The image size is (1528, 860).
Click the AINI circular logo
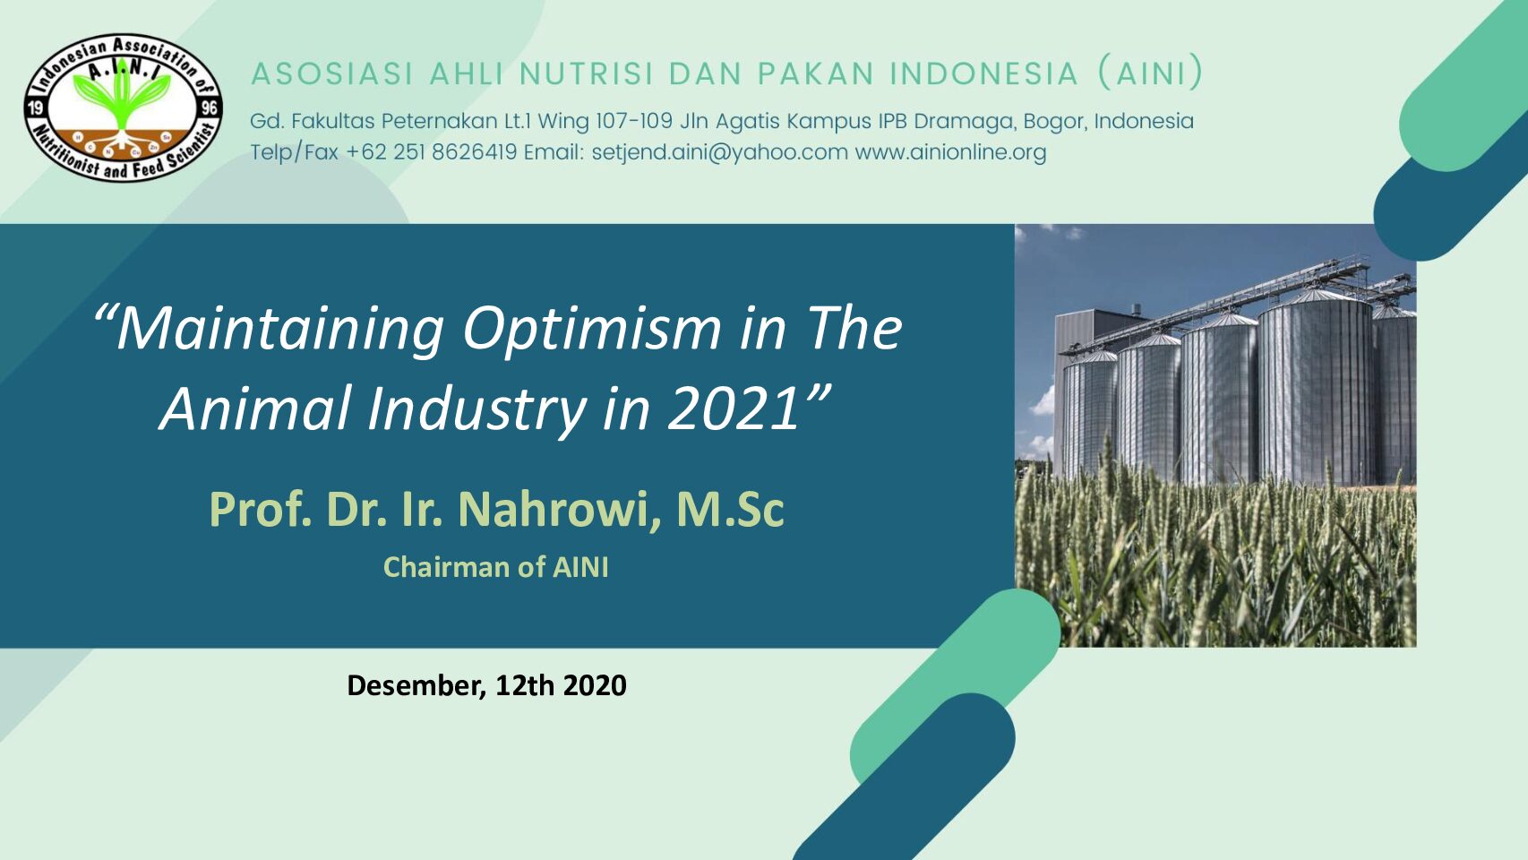coord(123,107)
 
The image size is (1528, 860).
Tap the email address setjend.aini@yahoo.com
coord(719,152)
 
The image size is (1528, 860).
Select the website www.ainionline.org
coord(950,152)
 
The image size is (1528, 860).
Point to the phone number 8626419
coord(474,151)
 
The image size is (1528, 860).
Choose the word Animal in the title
coord(256,408)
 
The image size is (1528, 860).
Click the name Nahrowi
coord(552,509)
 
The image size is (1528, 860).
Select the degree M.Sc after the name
coord(730,509)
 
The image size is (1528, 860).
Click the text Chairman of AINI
coord(496,567)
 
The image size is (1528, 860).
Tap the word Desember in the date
coord(416,685)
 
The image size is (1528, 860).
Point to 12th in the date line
coord(525,685)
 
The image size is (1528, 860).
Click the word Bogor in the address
coord(1055,122)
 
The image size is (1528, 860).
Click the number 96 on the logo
coord(210,107)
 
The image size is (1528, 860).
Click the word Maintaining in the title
coord(280,330)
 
